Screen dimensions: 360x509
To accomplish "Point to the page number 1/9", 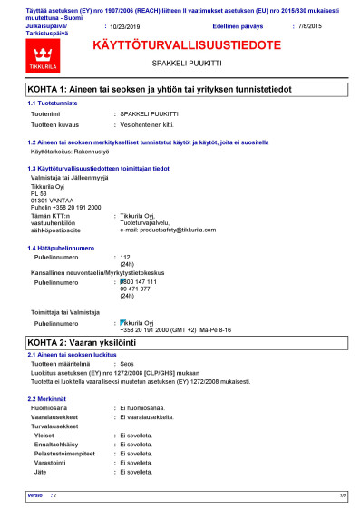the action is click(x=343, y=495).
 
